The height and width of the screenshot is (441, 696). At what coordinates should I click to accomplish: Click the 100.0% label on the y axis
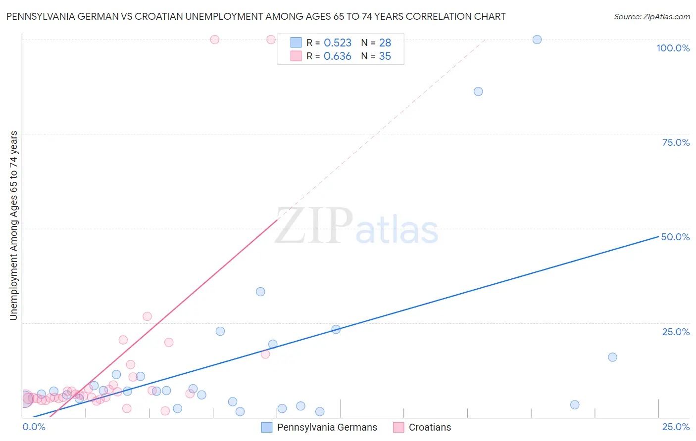(x=673, y=48)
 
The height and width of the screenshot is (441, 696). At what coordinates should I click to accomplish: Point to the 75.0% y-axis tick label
(x=676, y=142)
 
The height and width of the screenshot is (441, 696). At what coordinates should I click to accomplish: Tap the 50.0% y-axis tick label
(x=675, y=237)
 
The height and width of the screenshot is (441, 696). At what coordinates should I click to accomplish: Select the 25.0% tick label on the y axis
(x=676, y=332)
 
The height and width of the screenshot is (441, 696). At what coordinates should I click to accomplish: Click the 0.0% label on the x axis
(x=34, y=427)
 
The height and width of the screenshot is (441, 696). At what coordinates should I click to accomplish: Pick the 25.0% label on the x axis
(x=676, y=427)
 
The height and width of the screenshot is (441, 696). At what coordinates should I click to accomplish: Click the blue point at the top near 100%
(x=537, y=40)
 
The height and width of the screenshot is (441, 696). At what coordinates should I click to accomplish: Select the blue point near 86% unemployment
(x=478, y=91)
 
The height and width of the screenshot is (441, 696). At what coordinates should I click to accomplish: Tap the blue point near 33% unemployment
(x=260, y=292)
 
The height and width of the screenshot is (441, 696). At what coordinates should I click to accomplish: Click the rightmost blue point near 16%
(x=612, y=357)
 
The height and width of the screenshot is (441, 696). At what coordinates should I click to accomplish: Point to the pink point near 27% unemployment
(x=147, y=316)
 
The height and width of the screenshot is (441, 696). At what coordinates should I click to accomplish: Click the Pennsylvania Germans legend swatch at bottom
(x=267, y=427)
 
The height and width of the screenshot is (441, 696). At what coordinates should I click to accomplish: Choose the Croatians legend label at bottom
(x=430, y=427)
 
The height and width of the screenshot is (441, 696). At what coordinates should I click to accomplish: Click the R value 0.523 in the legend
(x=337, y=43)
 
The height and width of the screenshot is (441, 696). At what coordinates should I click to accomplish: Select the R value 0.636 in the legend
(x=337, y=56)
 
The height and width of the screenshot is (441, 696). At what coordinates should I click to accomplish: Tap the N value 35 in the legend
(x=385, y=56)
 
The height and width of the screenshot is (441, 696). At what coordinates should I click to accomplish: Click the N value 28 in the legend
(x=385, y=43)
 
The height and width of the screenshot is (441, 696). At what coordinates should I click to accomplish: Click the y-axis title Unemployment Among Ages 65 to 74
(x=14, y=225)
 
